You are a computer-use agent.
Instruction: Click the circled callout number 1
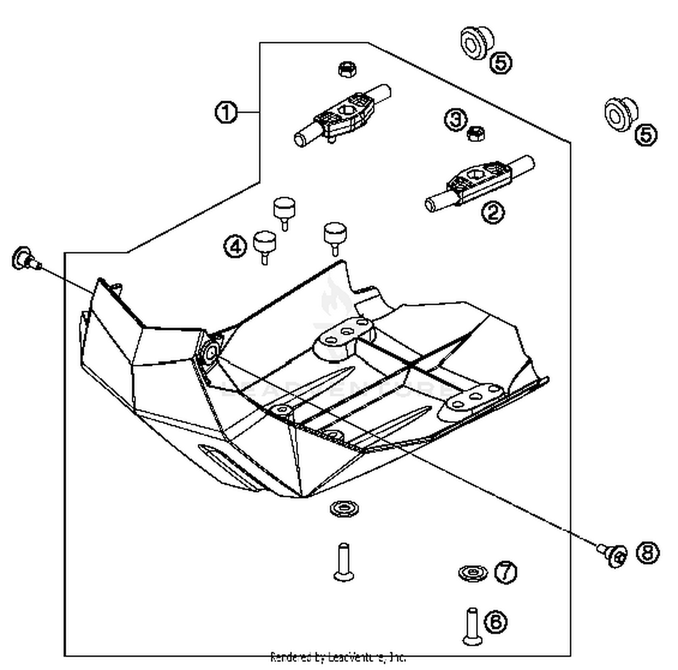point(226,112)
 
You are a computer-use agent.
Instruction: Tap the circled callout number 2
point(493,211)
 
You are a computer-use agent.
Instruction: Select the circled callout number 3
point(456,119)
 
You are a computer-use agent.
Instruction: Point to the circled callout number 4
point(235,247)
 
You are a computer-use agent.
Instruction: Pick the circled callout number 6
point(496,622)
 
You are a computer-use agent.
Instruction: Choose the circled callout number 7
point(506,572)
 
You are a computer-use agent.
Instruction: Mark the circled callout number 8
point(648,552)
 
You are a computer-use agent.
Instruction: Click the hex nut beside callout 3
point(476,133)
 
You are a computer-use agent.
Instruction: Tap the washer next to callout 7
point(472,573)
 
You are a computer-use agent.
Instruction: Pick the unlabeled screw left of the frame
point(25,259)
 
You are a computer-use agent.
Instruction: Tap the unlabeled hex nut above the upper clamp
point(348,69)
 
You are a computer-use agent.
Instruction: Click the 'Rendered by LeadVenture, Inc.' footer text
point(338,657)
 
